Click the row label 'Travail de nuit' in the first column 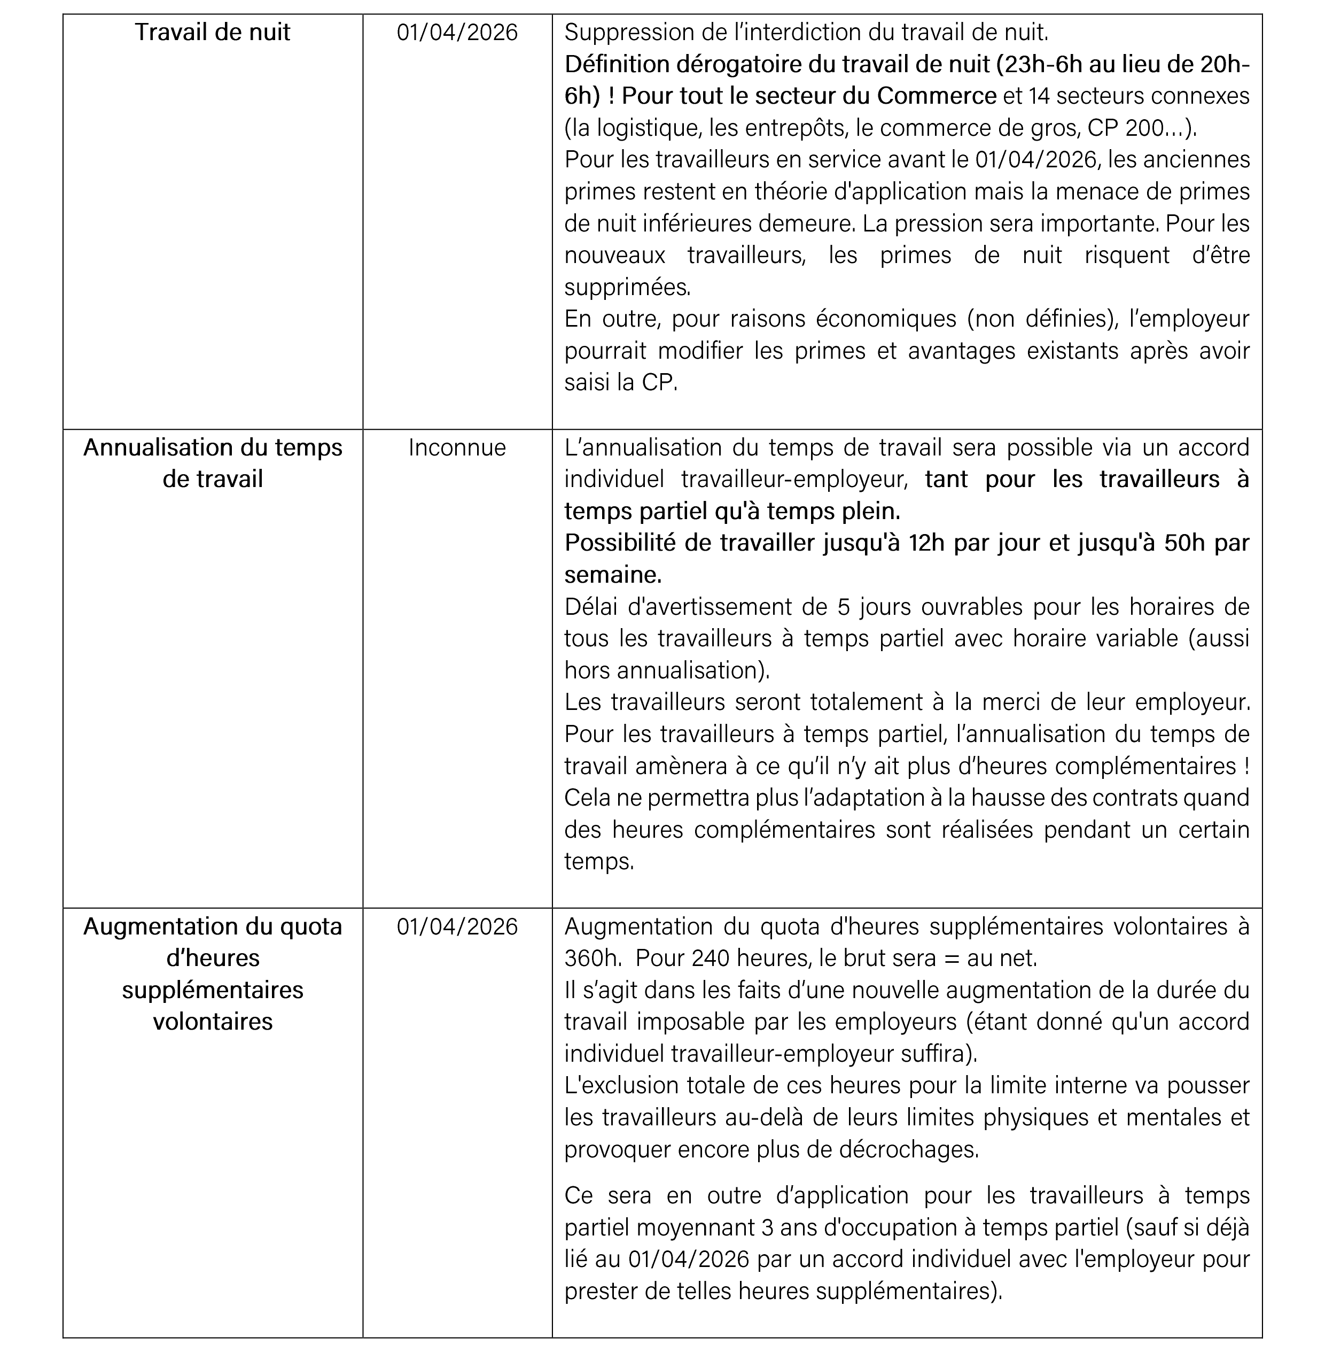(x=212, y=32)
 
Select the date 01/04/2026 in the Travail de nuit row (x=457, y=32)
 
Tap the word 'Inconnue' (x=457, y=447)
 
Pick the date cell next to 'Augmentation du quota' (x=457, y=926)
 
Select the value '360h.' (x=593, y=958)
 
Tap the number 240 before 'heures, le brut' (x=711, y=958)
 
